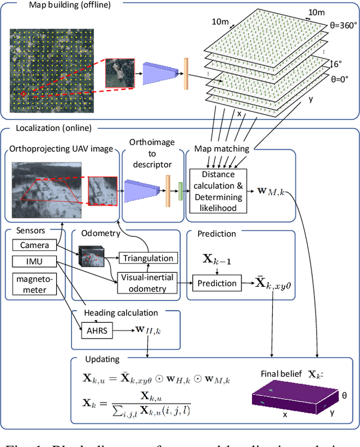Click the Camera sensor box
[x=35, y=245]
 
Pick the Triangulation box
[x=148, y=258]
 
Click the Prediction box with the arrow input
[x=217, y=283]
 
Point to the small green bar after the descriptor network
[x=180, y=191]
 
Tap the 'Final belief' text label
[x=282, y=374]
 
